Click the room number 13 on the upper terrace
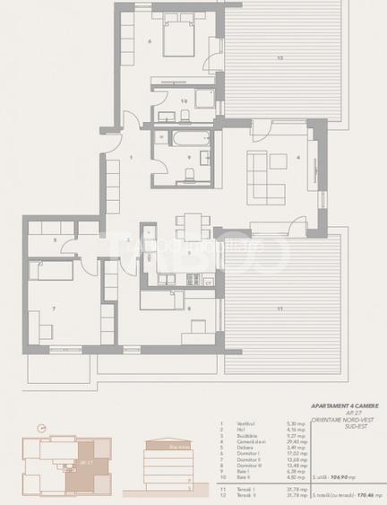click(279, 58)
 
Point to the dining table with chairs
click(190, 222)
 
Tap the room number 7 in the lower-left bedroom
click(55, 309)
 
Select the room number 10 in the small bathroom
click(184, 101)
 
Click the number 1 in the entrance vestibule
click(131, 158)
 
